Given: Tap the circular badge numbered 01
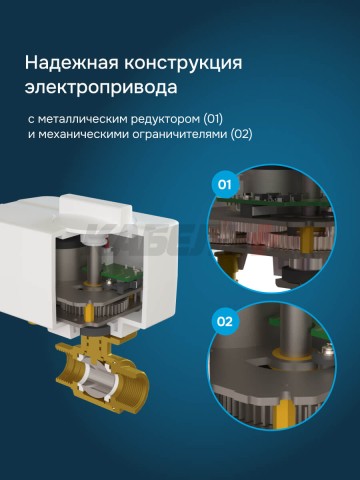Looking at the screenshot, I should click(x=225, y=185).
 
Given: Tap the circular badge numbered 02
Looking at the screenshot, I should click(x=225, y=322).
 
